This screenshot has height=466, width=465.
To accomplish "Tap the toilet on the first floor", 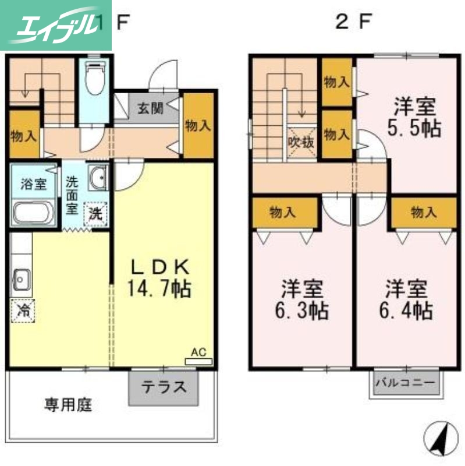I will click(x=93, y=79).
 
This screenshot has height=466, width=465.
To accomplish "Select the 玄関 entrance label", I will click(x=150, y=108).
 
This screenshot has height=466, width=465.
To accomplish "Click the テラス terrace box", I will click(x=164, y=387).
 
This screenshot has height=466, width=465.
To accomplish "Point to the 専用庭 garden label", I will click(x=68, y=404).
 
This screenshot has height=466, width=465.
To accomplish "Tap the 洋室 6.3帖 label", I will click(x=303, y=300).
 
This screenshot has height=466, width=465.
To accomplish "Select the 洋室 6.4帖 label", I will click(x=407, y=300).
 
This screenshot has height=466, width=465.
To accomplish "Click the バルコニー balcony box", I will click(x=404, y=384).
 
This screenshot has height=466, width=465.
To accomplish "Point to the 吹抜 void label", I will click(x=301, y=140).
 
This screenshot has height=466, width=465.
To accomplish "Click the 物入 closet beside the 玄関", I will click(x=198, y=125).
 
